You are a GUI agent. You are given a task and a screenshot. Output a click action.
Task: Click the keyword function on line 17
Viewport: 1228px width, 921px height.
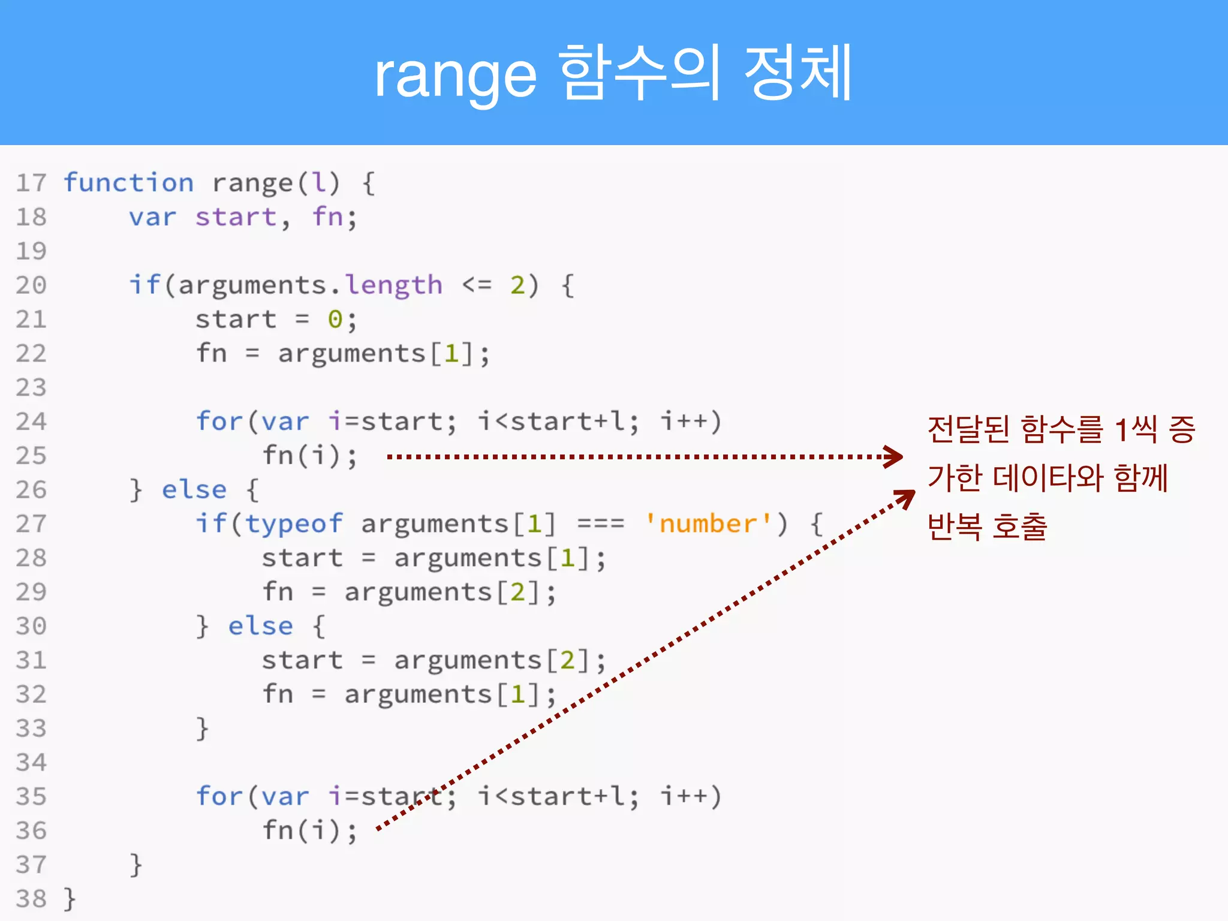point(129,182)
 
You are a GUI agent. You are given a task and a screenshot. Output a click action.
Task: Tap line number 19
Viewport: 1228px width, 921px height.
point(31,251)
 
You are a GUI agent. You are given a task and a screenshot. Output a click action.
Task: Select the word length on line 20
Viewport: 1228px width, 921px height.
point(394,285)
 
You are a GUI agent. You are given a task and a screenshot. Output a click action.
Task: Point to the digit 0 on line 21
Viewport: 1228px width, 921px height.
point(335,320)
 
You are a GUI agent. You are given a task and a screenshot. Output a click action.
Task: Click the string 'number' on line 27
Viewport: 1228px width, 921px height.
point(708,524)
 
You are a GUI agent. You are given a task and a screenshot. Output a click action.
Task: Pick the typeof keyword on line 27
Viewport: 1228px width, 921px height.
point(294,524)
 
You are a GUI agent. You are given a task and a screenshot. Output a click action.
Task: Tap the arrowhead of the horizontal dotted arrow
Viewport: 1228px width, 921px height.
point(895,456)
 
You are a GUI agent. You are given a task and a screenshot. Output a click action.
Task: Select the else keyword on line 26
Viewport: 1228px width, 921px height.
point(194,490)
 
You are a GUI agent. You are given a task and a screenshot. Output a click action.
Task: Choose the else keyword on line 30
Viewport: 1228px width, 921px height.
point(260,626)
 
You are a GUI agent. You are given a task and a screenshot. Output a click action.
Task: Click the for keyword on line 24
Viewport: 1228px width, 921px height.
point(219,422)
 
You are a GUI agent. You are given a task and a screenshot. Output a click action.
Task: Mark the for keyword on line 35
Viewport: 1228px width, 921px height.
point(219,797)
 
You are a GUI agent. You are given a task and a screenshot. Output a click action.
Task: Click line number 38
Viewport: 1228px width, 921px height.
point(31,899)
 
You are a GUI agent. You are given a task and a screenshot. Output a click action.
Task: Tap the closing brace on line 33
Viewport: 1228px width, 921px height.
point(203,729)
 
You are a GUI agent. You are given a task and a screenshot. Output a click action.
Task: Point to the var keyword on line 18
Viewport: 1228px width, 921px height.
point(153,217)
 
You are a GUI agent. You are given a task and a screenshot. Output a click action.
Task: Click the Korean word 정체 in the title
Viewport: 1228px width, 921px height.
point(798,73)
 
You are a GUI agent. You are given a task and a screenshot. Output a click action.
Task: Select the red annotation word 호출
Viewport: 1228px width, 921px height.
point(1019,527)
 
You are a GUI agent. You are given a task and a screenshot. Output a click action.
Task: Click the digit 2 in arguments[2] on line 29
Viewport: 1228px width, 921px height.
point(517,592)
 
